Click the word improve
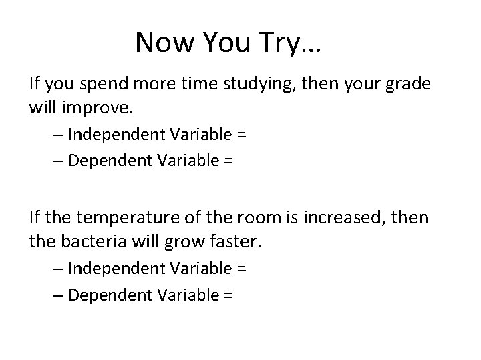click(x=90, y=107)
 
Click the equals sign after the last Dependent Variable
click(x=227, y=294)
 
